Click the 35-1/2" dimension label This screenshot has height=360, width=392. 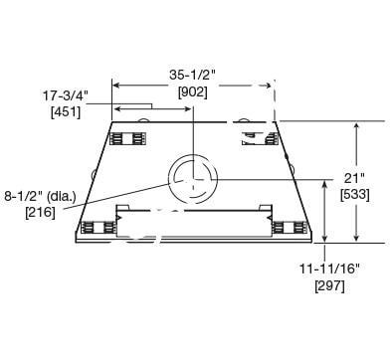pos(193,76)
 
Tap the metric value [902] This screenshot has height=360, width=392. pos(193,92)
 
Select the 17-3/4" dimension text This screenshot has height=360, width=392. pos(66,96)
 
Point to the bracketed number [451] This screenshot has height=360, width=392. pos(66,112)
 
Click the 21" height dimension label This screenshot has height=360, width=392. pos(354,178)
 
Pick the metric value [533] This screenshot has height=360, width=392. pos(355,195)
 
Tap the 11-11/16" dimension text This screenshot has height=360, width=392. pos(330,269)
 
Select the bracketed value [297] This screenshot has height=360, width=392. pos(330,285)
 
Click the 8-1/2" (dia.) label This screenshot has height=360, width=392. pos(40,196)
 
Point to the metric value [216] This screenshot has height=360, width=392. pos(40,212)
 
